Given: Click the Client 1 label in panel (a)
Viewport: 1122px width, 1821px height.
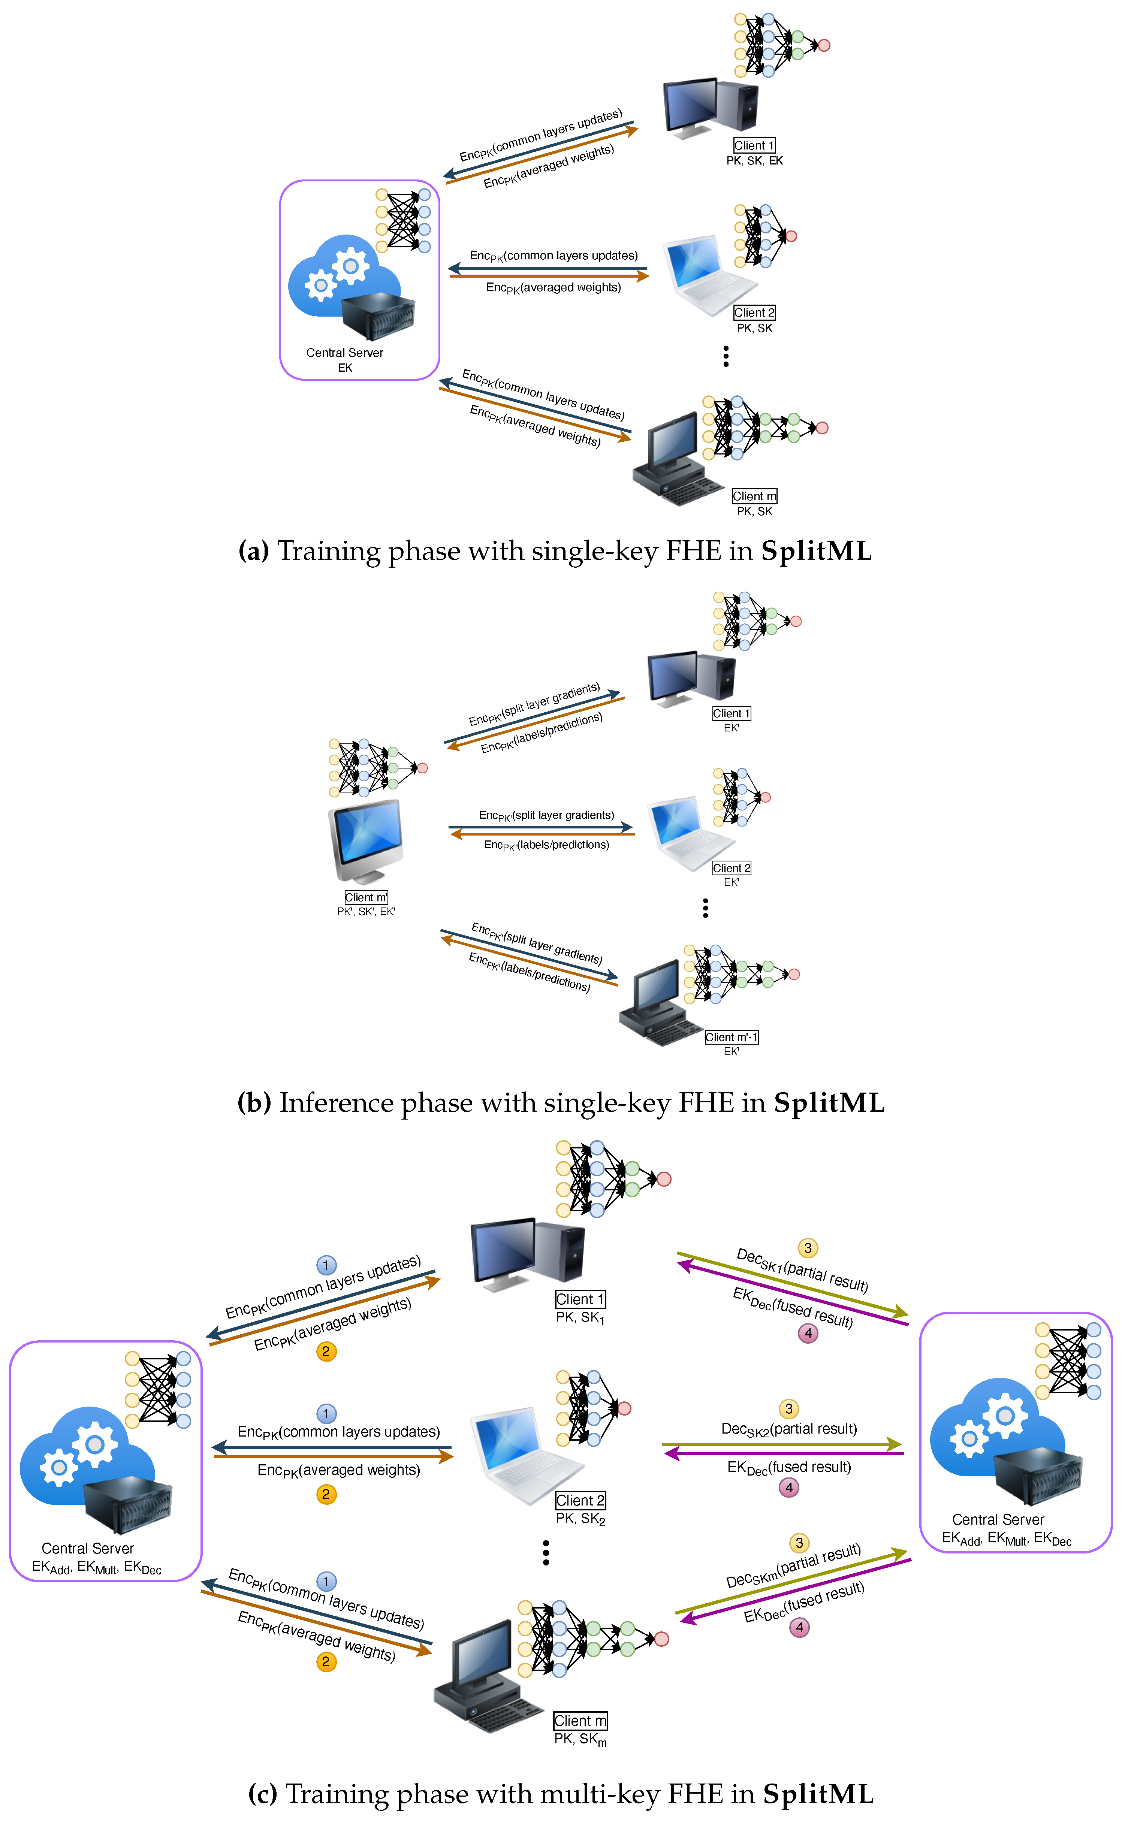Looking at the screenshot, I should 754,145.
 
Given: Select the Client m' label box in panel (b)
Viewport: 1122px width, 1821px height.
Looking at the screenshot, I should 366,897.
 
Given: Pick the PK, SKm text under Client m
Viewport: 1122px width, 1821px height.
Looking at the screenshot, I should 580,1739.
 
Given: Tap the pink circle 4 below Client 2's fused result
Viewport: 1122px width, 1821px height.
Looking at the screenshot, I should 789,1487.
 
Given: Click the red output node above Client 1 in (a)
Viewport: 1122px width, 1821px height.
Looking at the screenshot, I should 824,45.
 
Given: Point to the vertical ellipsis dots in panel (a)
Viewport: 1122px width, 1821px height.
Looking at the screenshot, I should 726,356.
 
